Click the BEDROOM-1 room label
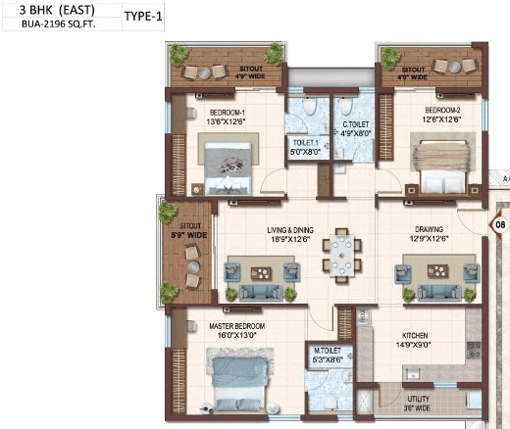click(229, 113)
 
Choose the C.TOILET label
click(354, 124)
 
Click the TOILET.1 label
click(307, 142)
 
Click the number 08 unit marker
click(500, 224)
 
